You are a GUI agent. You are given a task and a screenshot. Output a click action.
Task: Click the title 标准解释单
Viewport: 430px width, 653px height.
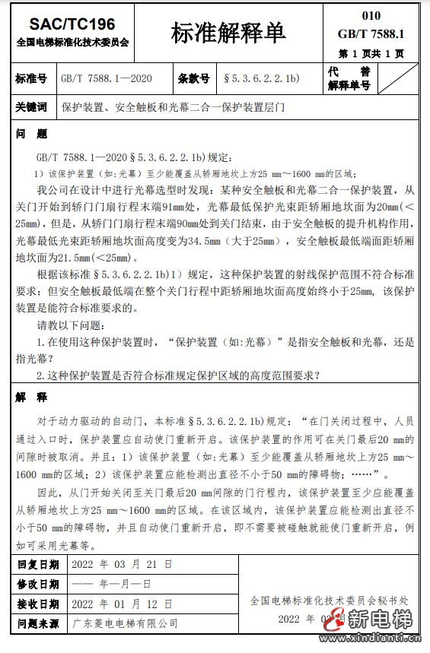228,33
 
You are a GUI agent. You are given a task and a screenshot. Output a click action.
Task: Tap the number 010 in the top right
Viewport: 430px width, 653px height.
371,15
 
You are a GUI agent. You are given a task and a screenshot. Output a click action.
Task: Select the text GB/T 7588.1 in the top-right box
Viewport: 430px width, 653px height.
371,33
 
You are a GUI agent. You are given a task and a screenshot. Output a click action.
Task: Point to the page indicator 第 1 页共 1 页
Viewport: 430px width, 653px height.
371,54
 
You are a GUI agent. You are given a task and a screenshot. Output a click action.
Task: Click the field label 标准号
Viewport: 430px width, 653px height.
31,78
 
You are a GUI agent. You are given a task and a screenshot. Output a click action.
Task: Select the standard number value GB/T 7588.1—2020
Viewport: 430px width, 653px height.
107,78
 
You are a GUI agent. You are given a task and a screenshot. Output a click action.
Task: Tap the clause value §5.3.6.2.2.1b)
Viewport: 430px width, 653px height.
261,78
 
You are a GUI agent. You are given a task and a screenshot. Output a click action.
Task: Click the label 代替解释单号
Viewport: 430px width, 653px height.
349,78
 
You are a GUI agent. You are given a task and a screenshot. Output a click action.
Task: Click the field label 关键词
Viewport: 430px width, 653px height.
31,107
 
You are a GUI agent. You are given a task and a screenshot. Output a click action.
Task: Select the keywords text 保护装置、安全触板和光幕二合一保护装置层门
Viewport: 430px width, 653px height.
173,107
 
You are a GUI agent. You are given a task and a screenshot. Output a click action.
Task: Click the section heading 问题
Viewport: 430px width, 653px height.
31,134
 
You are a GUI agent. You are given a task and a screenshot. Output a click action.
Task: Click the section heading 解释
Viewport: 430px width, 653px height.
31,398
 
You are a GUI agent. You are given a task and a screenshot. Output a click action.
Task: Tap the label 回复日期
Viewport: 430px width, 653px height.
38,565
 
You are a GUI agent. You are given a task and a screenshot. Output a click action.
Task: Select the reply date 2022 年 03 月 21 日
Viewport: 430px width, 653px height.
121,565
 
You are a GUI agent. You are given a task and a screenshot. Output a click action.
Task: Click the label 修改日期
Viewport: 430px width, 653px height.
38,585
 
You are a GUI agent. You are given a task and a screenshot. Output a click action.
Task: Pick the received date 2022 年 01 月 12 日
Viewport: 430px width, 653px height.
121,604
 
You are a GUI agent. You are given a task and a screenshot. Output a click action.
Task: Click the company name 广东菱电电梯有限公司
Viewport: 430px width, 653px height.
125,623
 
